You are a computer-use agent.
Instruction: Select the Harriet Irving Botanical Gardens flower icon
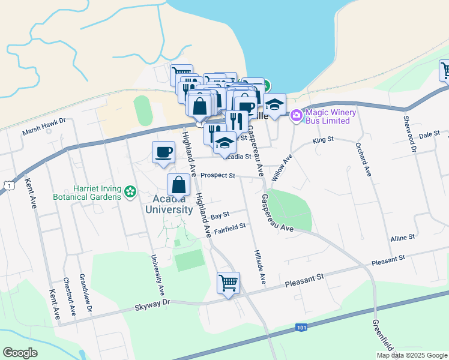[x=130, y=193]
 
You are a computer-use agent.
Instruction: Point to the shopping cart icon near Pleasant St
[x=228, y=282]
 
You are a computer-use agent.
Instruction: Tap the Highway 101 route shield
[x=301, y=328]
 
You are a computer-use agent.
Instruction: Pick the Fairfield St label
[x=230, y=227]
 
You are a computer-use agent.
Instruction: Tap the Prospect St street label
[x=217, y=176]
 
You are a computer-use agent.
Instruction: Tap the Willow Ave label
[x=288, y=166]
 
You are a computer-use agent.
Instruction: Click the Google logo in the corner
[x=20, y=353]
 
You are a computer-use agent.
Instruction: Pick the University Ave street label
[x=158, y=273]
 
